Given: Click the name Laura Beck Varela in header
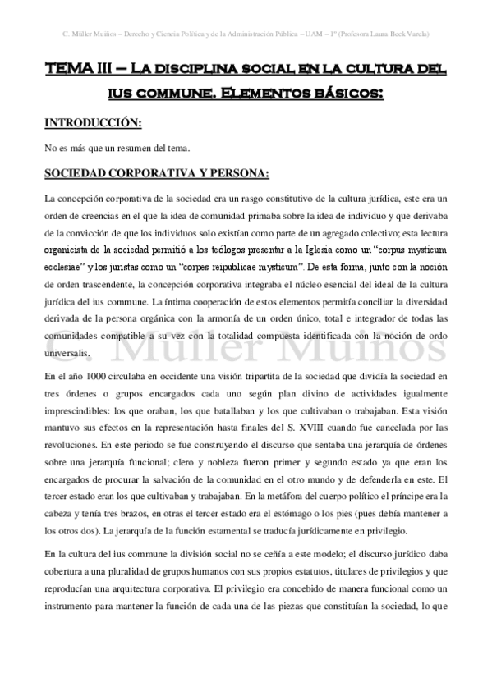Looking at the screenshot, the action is (398, 34).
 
